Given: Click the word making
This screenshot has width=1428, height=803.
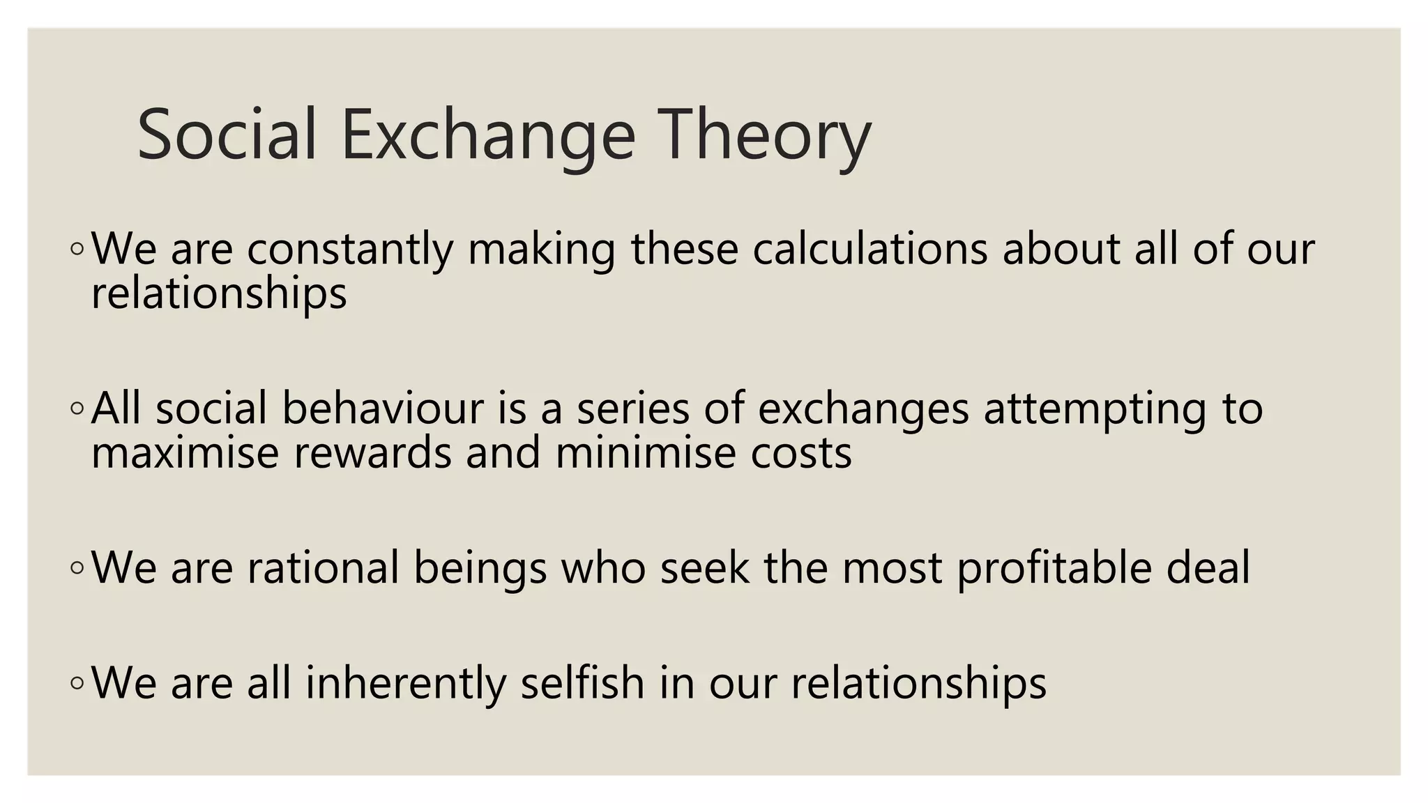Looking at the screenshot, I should coord(541,250).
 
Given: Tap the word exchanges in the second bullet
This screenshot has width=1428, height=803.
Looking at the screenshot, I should coord(863,409).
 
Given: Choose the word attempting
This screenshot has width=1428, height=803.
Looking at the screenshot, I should coord(1095,409).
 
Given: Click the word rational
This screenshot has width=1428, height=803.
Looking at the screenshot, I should coord(322,567).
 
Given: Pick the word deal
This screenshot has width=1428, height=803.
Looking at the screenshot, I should coord(1208,567).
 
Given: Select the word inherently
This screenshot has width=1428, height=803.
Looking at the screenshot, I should coord(406,683).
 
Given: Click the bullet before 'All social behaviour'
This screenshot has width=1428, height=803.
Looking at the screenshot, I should coord(77,408).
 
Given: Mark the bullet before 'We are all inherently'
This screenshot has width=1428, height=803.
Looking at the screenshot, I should coord(77,684).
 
